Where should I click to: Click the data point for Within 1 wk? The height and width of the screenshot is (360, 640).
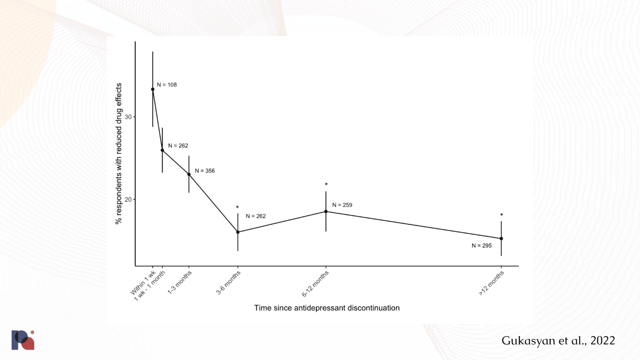(152, 89)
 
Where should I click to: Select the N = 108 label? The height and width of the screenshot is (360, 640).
(167, 85)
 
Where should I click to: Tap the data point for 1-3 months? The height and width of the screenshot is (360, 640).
(189, 174)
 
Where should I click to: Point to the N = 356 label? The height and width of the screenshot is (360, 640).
(205, 171)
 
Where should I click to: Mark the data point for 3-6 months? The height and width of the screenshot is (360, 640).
(238, 232)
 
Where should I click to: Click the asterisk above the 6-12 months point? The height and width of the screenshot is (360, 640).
(326, 184)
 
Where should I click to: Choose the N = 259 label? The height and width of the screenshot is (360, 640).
(342, 205)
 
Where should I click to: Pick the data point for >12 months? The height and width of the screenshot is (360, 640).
(501, 238)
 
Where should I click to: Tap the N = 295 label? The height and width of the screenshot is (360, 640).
(482, 246)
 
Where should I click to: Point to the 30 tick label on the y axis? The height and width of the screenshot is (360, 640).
(128, 117)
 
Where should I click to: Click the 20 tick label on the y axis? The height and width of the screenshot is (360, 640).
(128, 200)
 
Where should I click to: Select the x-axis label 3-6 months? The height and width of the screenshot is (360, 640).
(228, 282)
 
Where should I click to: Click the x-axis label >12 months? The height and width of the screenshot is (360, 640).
(492, 283)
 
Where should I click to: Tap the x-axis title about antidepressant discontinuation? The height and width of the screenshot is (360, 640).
(327, 308)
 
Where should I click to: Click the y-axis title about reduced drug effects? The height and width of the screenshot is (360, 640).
(119, 154)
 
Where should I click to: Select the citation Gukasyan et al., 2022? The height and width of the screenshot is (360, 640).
(558, 340)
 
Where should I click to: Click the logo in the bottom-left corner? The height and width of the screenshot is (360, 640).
(23, 340)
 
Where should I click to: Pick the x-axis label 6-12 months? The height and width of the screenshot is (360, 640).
(315, 284)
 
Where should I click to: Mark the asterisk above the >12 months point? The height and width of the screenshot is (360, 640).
(501, 215)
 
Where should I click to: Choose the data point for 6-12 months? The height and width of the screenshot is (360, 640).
(326, 212)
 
